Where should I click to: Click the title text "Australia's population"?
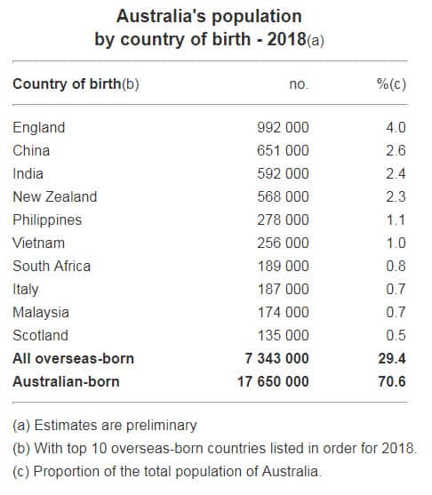(209, 17)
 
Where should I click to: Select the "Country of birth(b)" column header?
(76, 84)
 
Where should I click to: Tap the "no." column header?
(299, 84)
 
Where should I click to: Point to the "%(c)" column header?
(391, 84)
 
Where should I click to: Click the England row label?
(38, 127)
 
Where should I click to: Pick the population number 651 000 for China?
(283, 150)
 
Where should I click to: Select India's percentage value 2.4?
(396, 173)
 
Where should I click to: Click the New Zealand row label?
(54, 196)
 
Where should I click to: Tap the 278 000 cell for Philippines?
(283, 220)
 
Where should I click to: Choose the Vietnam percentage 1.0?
(396, 243)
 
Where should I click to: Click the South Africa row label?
(52, 266)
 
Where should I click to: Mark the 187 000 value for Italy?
(283, 289)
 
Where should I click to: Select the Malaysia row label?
(41, 312)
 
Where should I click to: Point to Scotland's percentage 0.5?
(396, 335)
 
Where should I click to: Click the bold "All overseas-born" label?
(73, 358)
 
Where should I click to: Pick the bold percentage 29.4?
(392, 358)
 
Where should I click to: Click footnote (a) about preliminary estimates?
(105, 425)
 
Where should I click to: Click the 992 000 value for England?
(283, 127)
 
